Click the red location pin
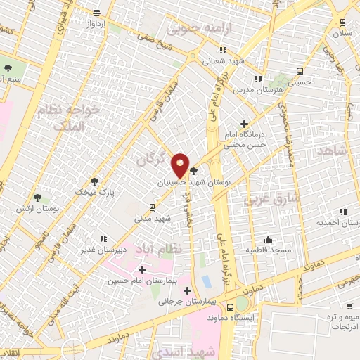181,165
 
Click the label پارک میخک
94,191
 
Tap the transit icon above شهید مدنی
151,207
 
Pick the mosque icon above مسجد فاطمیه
267,239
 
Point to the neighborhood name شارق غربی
271,199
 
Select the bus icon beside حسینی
300,71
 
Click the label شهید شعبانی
222,61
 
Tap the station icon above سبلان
342,22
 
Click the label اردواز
96,24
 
